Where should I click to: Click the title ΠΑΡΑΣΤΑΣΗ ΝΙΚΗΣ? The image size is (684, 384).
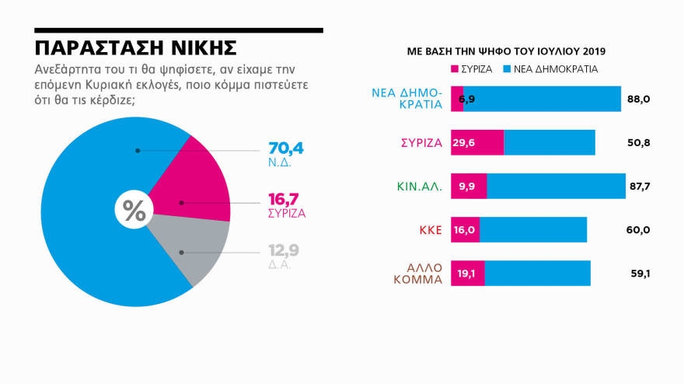136,47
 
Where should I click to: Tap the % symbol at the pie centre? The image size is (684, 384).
134,211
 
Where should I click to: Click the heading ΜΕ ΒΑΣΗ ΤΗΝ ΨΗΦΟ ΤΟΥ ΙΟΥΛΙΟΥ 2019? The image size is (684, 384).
506,51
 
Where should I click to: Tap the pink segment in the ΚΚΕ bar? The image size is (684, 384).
465,230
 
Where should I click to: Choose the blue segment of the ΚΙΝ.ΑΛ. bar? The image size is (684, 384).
556,186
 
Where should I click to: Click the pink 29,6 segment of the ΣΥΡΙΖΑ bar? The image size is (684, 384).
477,142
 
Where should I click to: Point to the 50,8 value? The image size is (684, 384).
639,142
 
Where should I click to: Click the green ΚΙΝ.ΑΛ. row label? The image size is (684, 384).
420,186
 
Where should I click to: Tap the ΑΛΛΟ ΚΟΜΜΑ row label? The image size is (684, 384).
423,273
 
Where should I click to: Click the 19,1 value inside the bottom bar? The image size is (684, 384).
467,274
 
